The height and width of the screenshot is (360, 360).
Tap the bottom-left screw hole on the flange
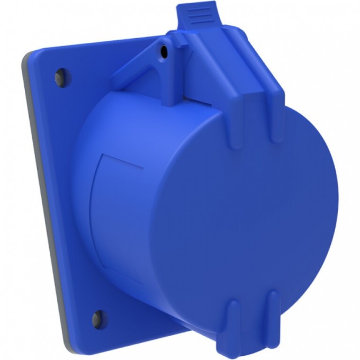(96, 318)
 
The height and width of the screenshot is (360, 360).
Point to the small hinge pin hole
(164, 51)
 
